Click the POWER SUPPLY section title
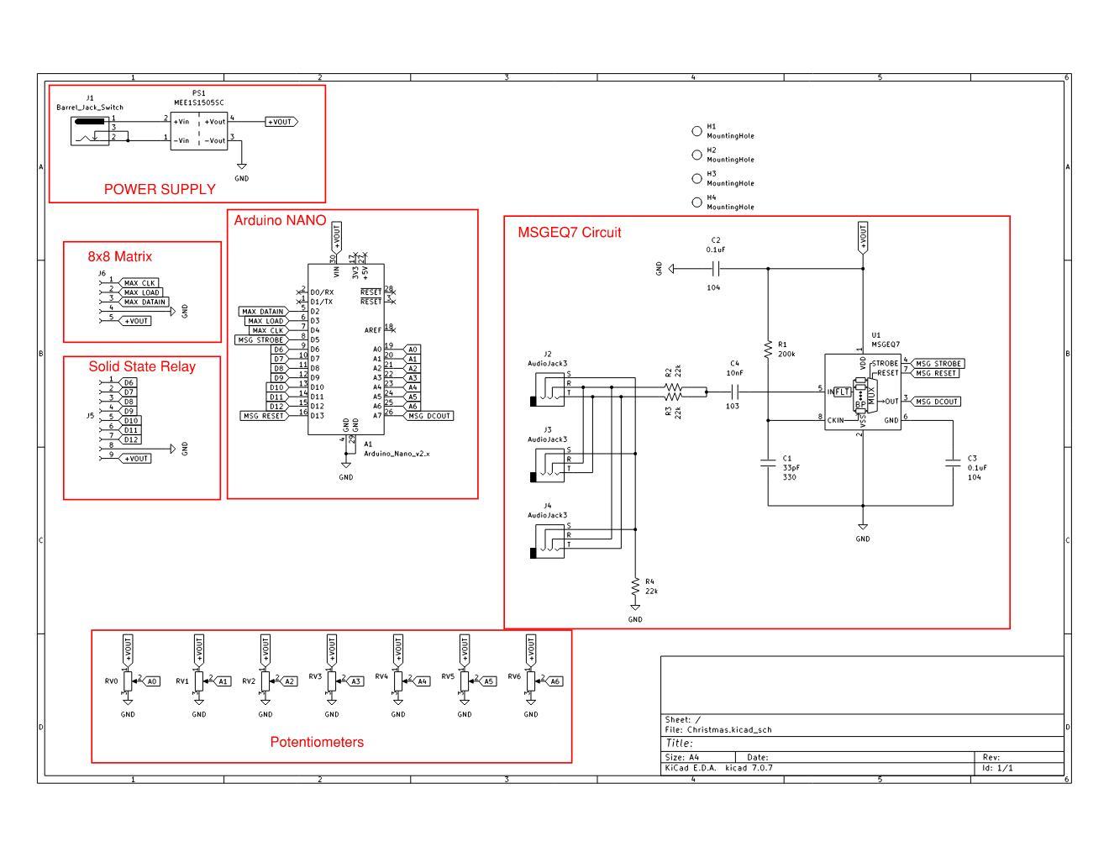160,190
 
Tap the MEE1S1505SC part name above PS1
199,103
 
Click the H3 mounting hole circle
696,178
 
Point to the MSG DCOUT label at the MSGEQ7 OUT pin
936,402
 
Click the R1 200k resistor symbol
768,349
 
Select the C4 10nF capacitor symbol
734,392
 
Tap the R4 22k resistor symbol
635,587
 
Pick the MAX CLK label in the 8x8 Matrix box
139,283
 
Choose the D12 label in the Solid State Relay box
131,439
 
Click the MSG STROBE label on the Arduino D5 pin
260,340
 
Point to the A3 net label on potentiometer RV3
355,681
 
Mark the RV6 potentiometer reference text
514,676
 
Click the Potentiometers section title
317,743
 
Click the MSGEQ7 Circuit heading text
570,233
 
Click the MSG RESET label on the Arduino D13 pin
263,416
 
